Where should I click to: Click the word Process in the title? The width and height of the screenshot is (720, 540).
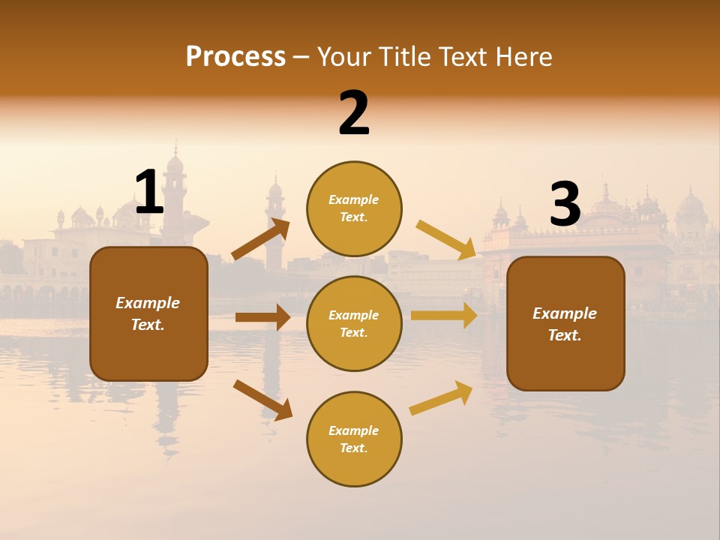(235, 57)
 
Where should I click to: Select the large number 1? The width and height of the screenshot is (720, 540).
(149, 193)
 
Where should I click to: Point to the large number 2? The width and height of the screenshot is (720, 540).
(354, 113)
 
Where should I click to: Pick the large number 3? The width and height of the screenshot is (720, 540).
(565, 205)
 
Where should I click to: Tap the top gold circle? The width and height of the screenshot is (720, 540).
(354, 208)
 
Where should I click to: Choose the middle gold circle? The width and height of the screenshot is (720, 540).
(354, 323)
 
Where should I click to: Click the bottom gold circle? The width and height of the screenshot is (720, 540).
(354, 439)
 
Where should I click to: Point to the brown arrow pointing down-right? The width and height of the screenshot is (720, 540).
(262, 400)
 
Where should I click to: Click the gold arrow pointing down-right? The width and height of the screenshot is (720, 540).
(445, 239)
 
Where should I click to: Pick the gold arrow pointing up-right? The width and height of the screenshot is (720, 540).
(442, 397)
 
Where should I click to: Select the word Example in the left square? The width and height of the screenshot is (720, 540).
(148, 303)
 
